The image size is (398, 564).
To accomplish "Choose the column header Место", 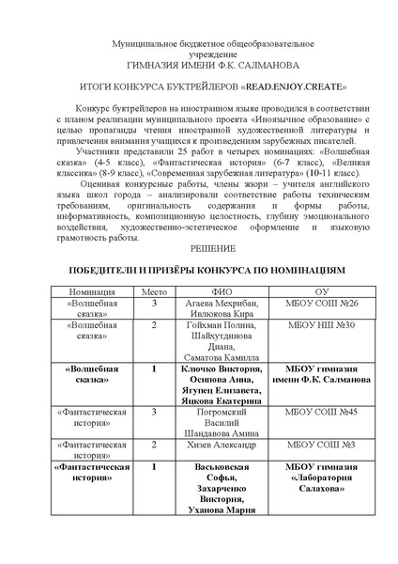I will pos(153,291).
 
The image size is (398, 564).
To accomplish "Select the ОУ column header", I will pos(321,291).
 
